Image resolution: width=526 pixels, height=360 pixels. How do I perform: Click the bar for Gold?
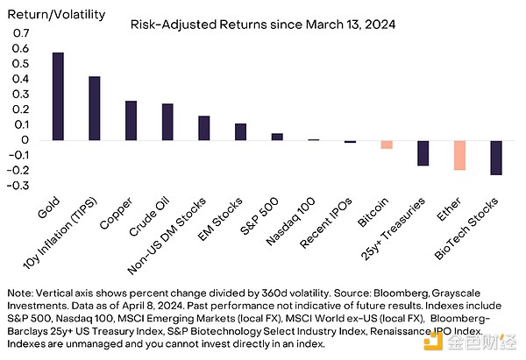58,96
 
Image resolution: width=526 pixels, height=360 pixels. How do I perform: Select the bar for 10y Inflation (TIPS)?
94,109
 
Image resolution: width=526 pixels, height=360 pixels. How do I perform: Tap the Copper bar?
131,121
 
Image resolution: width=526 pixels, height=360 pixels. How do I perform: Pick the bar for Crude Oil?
167,122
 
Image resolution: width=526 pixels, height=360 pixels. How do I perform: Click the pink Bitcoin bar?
387,145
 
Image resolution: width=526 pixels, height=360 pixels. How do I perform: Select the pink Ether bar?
459,155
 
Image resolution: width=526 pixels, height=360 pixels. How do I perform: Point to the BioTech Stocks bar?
496,158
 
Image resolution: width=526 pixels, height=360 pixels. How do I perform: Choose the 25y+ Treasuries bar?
423,153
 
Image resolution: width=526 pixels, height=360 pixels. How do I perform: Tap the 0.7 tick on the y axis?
21,33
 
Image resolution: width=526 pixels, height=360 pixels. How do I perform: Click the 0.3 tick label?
21,95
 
